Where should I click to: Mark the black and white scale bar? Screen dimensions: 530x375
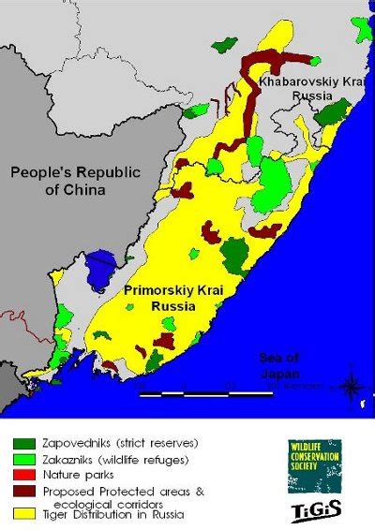[x=207, y=394]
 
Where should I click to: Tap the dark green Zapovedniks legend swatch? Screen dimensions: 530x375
[x=24, y=443]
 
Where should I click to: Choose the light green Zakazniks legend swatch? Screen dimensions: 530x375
[x=24, y=460]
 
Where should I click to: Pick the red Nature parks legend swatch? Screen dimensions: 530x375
[x=24, y=477]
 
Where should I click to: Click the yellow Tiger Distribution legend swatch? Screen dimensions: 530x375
[x=24, y=514]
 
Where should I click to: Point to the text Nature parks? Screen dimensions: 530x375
[x=77, y=477]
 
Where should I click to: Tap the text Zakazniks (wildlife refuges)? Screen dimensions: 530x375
[x=116, y=460]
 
